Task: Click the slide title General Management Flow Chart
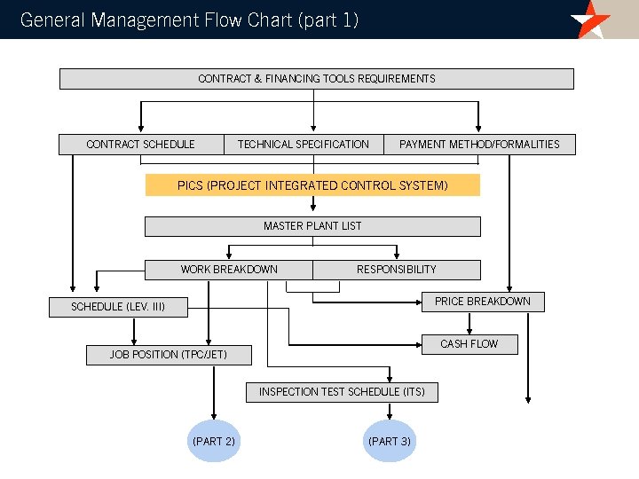point(189,20)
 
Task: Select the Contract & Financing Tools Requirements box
point(316,79)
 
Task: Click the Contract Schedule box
point(140,145)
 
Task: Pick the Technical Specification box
point(304,145)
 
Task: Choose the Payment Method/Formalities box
point(479,145)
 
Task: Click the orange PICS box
point(312,185)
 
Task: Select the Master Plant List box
point(312,226)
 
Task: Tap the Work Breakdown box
point(229,270)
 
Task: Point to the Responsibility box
point(397,270)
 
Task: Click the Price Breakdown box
point(482,302)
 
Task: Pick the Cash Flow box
point(469,344)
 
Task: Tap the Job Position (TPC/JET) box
point(169,355)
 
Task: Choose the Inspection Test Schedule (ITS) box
point(342,392)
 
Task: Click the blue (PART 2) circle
point(214,441)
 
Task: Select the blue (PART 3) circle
point(390,441)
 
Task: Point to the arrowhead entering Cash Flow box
point(414,344)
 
